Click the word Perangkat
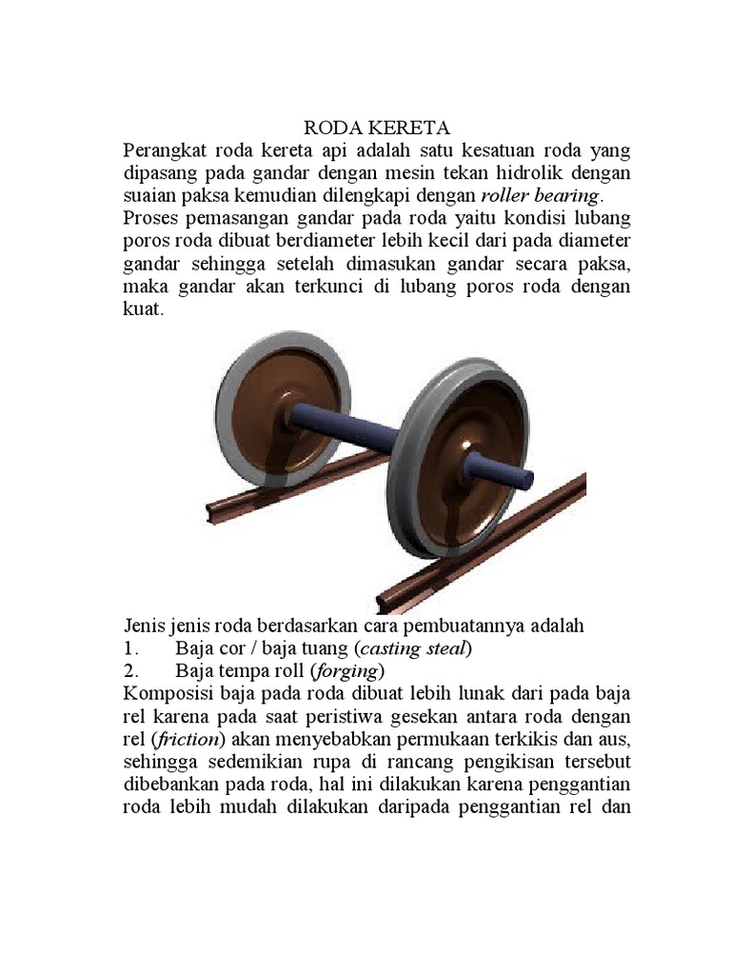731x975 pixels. tap(164, 151)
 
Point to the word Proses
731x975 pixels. tap(154, 220)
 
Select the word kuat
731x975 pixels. tap(143, 311)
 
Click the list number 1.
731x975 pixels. tap(130, 649)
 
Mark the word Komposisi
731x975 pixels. tap(168, 694)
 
